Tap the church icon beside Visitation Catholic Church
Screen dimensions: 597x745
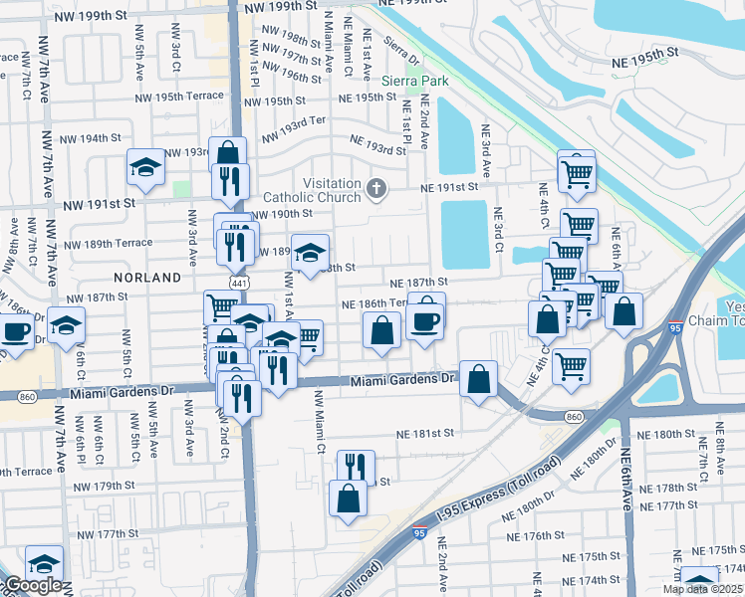376,187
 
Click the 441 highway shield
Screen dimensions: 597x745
238,285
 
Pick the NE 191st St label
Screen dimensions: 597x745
450,186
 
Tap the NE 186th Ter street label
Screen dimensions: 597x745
374,303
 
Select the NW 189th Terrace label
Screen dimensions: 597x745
109,242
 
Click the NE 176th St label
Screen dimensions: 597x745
537,535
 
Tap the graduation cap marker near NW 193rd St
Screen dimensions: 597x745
145,166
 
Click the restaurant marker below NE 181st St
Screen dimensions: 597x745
354,467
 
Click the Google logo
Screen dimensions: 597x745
32,586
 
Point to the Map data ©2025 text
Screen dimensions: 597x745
702,589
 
